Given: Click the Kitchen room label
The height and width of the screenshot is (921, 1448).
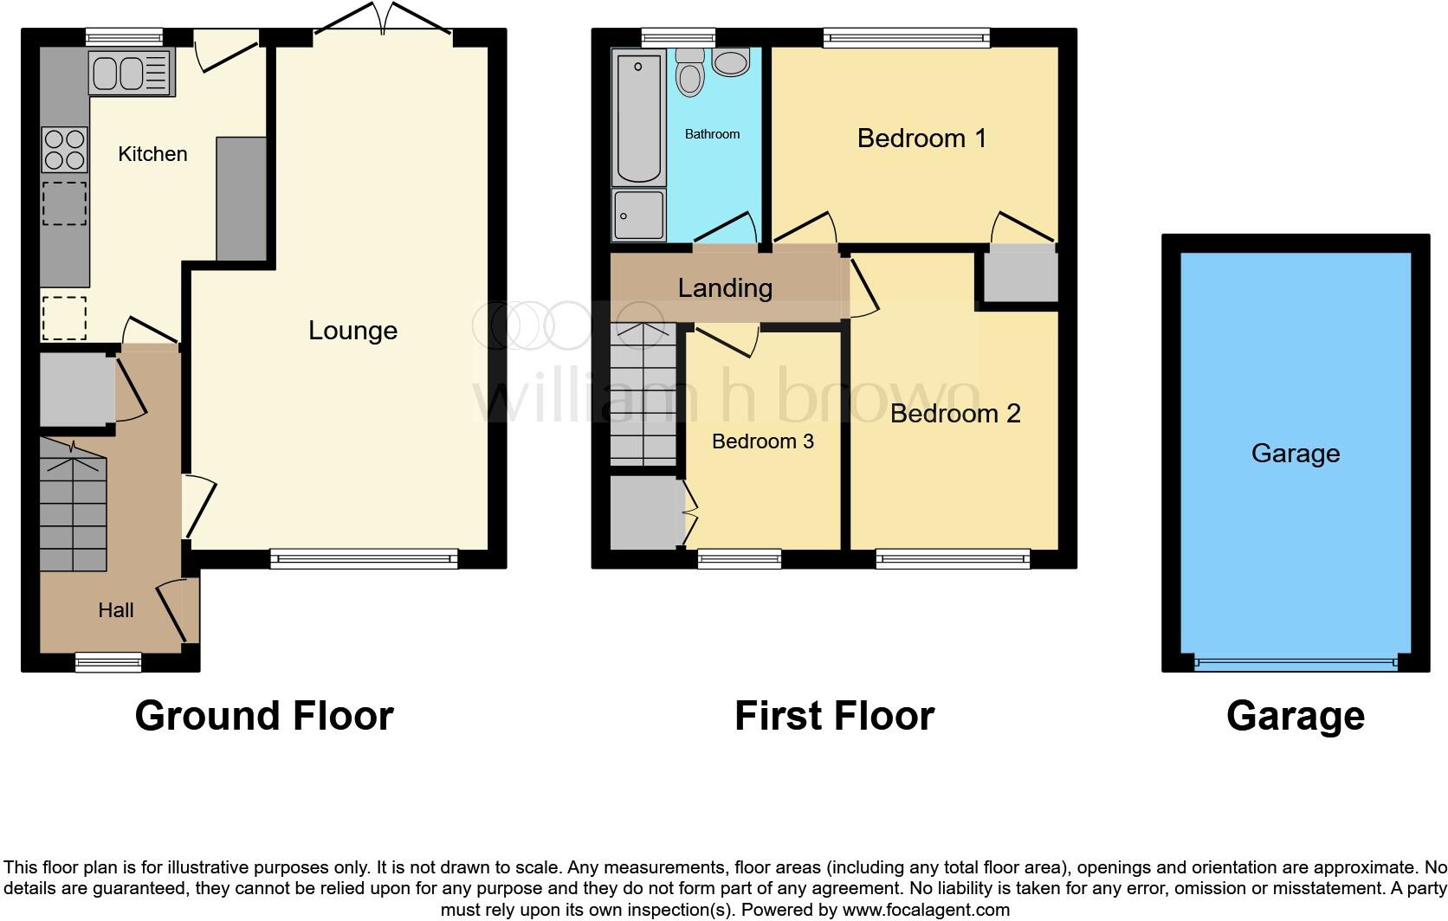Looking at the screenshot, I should click(x=152, y=154).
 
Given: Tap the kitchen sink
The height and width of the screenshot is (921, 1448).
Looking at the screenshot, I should click(x=131, y=73).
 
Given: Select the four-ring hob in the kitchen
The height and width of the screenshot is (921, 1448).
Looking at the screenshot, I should click(x=65, y=150).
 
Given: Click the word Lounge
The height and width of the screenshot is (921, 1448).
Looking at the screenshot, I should click(x=352, y=331).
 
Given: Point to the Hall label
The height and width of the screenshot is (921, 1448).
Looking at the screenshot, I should click(x=115, y=610).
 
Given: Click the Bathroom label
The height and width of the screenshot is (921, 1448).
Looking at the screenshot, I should click(x=712, y=134).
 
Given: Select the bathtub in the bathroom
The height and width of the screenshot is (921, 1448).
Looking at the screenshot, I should click(x=638, y=118).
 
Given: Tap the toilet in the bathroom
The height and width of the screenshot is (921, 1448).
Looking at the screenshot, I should click(x=690, y=72).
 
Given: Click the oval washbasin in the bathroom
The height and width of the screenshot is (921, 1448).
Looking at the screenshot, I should click(x=732, y=62).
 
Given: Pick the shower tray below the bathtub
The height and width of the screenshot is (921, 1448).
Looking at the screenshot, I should click(x=639, y=215).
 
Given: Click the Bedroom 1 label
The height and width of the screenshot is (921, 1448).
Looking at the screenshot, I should click(x=921, y=138).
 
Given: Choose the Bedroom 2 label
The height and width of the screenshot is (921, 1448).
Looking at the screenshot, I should click(x=954, y=414).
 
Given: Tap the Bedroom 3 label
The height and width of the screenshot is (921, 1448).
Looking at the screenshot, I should click(x=762, y=441).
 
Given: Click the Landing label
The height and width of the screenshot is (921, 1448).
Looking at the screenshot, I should click(x=725, y=287).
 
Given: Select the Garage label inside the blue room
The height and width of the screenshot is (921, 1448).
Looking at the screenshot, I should click(x=1295, y=454).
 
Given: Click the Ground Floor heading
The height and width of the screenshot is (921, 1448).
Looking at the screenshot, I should click(x=264, y=716).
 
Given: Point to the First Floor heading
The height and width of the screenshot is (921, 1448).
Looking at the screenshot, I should click(x=834, y=716).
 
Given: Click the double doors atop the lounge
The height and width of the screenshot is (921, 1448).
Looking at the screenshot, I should click(x=382, y=19).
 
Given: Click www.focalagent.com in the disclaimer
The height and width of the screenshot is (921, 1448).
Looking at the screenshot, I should click(x=926, y=910).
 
